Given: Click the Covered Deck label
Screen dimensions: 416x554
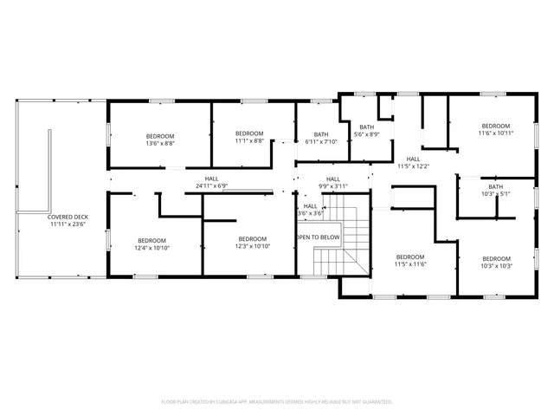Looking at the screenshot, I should point(68,217).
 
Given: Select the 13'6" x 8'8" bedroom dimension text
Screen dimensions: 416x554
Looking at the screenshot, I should point(160,144).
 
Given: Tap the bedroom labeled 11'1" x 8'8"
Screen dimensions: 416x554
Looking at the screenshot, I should point(249,137).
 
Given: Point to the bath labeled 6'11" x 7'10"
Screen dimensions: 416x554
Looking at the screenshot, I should point(321,139).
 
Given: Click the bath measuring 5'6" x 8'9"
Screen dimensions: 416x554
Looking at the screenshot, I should point(367,131).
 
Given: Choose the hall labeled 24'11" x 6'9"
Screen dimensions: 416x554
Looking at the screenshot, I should point(211,182).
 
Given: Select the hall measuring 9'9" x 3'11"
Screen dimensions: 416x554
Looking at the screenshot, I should point(332,182).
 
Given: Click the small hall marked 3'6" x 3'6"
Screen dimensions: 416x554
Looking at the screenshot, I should point(310,210).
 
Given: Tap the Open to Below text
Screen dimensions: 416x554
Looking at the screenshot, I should point(319,237).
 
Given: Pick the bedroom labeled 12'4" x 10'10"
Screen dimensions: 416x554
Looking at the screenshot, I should point(151,244).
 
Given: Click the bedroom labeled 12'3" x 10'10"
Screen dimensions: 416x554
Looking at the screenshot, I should point(252,244).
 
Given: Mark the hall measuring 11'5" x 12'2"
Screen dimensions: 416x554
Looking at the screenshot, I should point(413,162).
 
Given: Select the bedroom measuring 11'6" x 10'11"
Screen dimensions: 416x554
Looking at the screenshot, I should point(496,129).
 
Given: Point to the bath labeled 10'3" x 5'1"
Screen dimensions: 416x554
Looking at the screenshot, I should point(495,190).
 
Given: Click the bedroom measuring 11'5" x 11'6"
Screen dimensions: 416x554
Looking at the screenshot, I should point(410,261).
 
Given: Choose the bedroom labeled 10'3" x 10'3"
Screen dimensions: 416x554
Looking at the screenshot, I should point(496,262).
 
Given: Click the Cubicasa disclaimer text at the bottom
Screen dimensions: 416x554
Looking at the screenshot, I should point(277,402).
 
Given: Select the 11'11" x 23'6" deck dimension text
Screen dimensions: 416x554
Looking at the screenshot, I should point(68,224).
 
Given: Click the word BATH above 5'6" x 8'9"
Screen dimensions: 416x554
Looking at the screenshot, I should point(367,127).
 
